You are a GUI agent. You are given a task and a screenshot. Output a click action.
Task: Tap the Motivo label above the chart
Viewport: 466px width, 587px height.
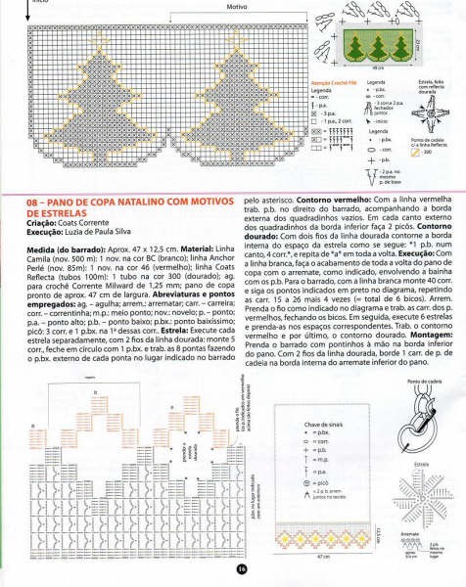[236, 8]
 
